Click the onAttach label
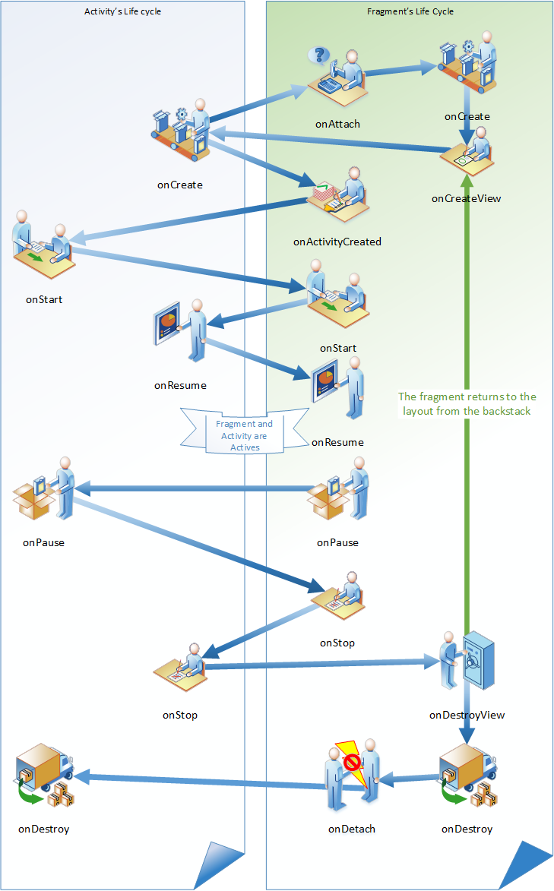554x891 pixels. tap(337, 123)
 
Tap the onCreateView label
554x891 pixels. tap(466, 199)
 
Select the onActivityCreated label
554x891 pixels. tap(337, 242)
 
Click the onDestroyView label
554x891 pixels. tap(467, 715)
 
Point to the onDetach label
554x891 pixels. tap(352, 829)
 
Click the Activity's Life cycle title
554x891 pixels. tap(122, 11)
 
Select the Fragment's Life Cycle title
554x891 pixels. tap(410, 11)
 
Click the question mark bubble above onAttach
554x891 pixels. tap(321, 55)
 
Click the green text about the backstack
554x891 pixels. tap(467, 403)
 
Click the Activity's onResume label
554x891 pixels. tap(180, 385)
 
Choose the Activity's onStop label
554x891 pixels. tap(180, 715)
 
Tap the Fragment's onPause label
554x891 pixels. tap(337, 542)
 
